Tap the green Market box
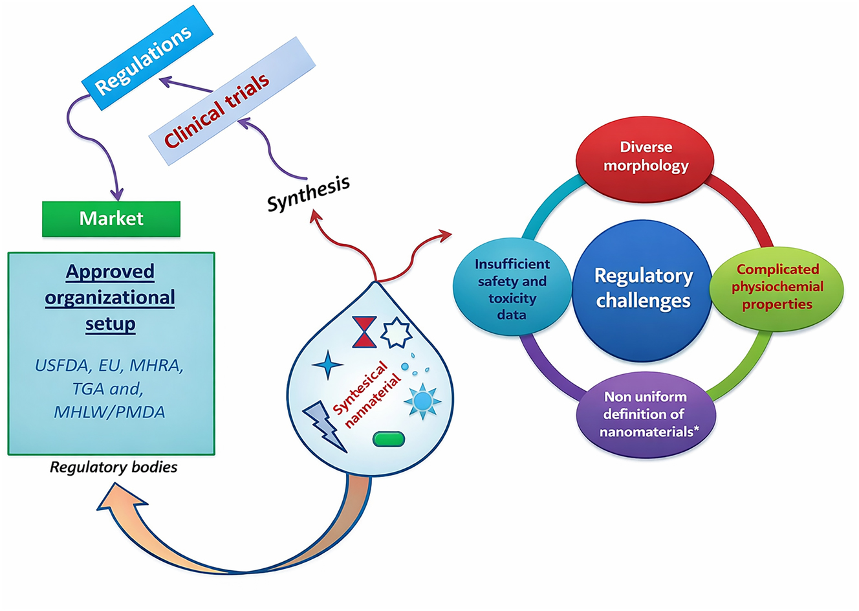click(111, 219)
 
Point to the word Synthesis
click(309, 192)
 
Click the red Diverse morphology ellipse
click(645, 157)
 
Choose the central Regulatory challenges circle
click(643, 289)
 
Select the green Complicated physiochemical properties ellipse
click(777, 287)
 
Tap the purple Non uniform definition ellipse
click(644, 414)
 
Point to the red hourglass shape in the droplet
click(364, 332)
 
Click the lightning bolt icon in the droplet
click(324, 425)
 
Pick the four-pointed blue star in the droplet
click(327, 365)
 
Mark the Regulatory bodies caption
click(113, 467)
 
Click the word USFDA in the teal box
click(61, 366)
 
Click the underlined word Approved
click(110, 271)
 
